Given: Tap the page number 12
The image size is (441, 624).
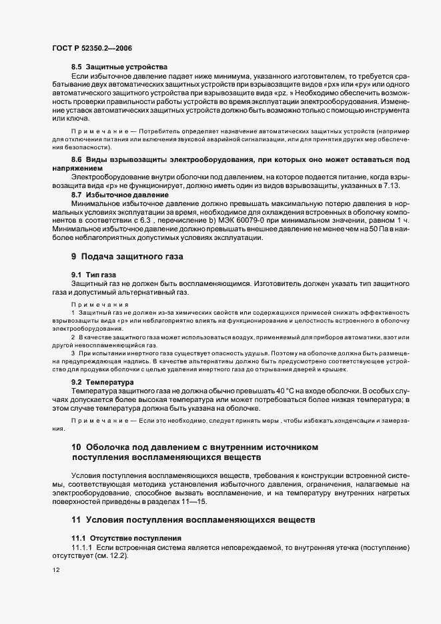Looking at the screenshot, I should point(55,571).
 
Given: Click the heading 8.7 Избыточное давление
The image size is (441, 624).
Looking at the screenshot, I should point(120,194).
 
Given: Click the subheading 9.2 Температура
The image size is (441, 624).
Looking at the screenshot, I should point(105,383).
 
